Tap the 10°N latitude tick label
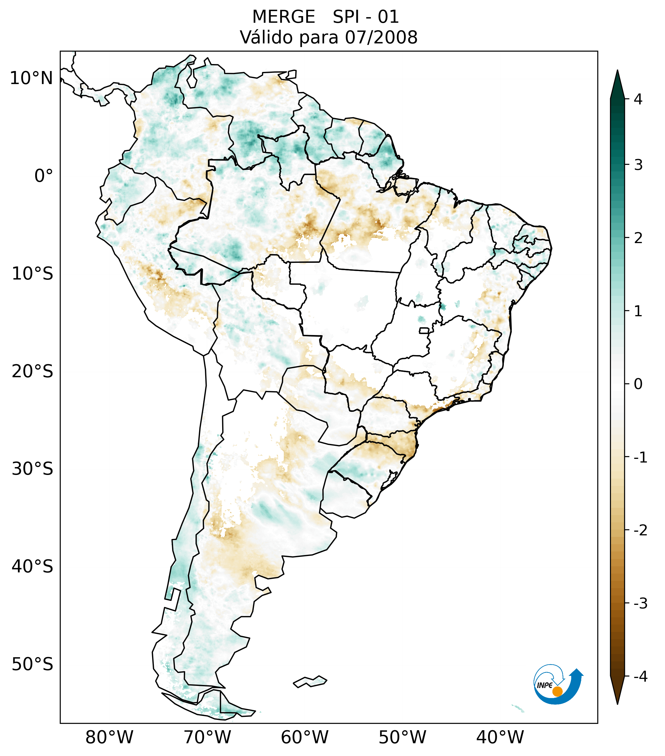coord(31,78)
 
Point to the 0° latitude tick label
coord(44,176)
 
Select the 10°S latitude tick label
coord(32,274)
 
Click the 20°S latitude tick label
coord(32,371)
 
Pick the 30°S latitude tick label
coord(32,469)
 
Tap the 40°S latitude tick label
coord(32,567)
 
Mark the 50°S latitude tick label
coord(32,665)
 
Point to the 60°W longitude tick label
coord(304,737)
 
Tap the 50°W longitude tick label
coord(402,737)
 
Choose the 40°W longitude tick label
coord(500,737)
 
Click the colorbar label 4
coord(638,99)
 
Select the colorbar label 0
coord(638,384)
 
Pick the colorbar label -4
coord(640,677)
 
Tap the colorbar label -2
coord(640,531)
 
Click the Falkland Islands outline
coord(310,681)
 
